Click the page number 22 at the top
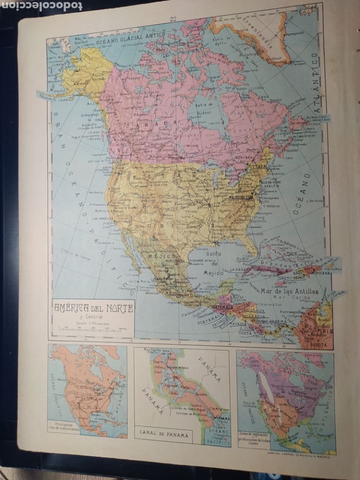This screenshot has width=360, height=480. pos(173,19)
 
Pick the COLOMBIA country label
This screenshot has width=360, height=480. pos(319,331)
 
